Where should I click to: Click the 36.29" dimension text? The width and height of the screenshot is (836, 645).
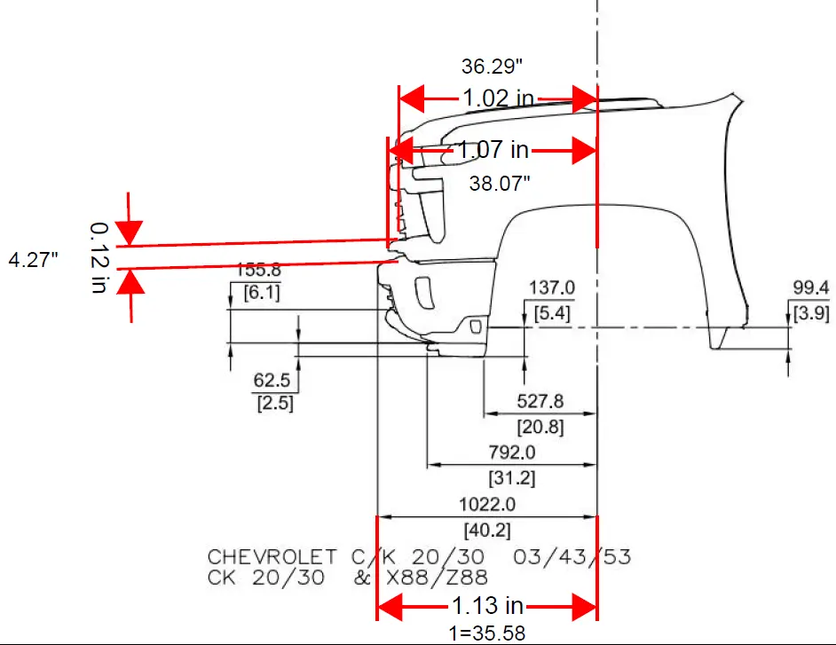[x=492, y=66]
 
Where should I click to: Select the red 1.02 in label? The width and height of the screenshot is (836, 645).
[x=498, y=98]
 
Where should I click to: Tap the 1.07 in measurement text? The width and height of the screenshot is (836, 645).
[x=493, y=151]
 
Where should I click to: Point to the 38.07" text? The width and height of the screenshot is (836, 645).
[x=500, y=184]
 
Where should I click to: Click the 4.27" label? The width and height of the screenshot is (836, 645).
[x=34, y=260]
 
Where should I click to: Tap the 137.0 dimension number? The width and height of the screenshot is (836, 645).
[x=552, y=287]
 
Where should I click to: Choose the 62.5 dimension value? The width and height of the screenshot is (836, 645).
[x=272, y=381]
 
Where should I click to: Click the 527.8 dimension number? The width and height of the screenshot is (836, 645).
[x=540, y=402]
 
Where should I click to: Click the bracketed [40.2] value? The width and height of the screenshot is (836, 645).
[x=485, y=530]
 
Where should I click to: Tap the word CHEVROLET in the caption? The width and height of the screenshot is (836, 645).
[x=272, y=558]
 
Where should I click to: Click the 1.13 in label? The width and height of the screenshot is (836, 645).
[x=488, y=607]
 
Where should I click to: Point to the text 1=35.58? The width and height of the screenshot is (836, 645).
[x=486, y=633]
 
